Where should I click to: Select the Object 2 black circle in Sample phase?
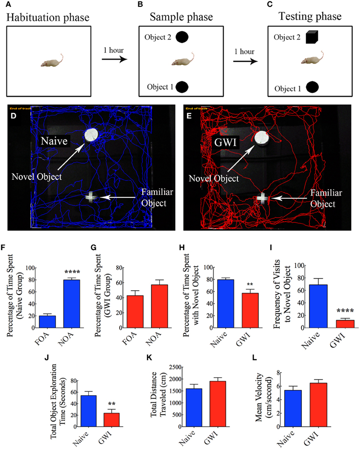click(x=182, y=37)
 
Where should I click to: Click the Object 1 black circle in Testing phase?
click(x=313, y=88)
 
